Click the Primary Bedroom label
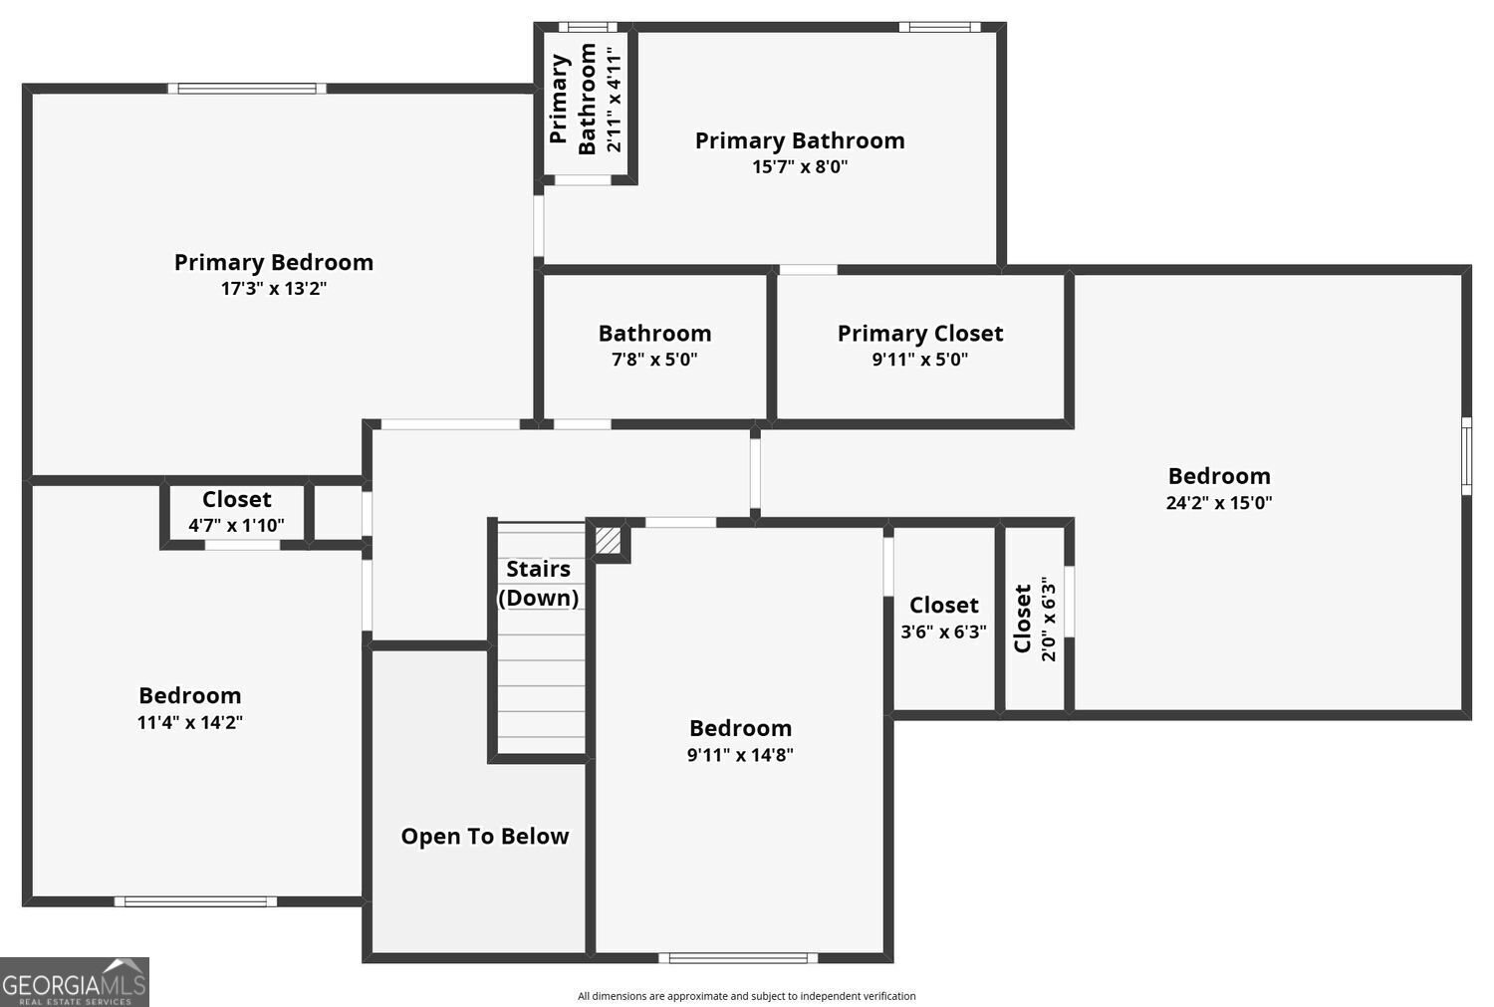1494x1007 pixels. tap(274, 262)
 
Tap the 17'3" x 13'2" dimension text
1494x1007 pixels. tap(274, 289)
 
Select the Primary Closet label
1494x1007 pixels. tap(920, 333)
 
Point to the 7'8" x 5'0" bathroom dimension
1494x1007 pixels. tap(654, 360)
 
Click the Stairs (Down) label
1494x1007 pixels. tap(538, 583)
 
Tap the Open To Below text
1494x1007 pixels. tap(485, 836)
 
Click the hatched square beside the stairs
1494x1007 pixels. tap(608, 541)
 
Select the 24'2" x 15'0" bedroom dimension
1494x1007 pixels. tap(1219, 503)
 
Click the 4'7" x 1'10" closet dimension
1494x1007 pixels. tap(236, 525)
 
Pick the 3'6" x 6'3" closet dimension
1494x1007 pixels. tap(943, 631)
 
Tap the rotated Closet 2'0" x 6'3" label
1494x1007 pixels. tap(1034, 619)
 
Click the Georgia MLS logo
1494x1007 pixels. tap(75, 981)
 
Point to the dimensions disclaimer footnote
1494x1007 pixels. tap(746, 996)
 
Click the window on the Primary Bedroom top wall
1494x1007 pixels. tap(247, 89)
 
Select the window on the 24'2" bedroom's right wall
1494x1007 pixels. tap(1466, 455)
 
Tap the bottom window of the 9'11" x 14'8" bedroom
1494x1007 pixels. tap(738, 958)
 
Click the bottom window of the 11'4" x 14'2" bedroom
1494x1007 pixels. tap(195, 901)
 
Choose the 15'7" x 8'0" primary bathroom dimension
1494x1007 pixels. tap(800, 167)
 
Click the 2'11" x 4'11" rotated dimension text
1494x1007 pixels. tap(615, 93)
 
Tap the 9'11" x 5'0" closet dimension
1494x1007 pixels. tap(920, 360)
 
